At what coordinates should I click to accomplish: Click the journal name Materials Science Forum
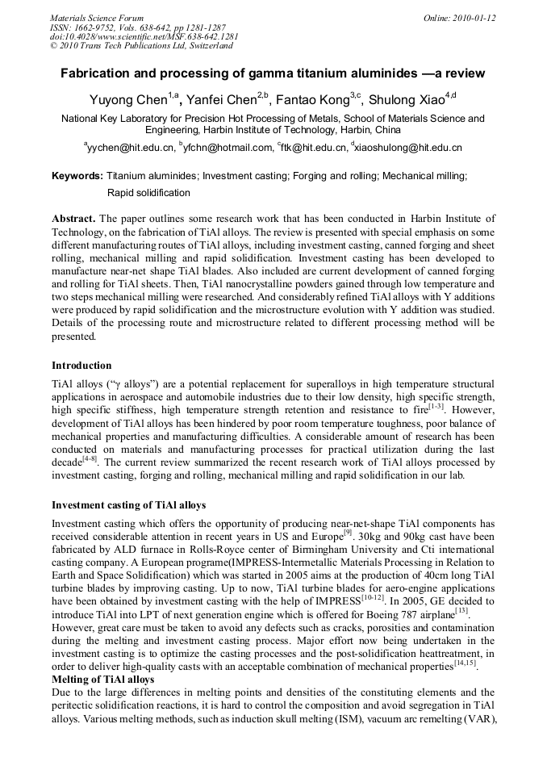point(97,17)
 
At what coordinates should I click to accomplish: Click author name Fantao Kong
point(312,100)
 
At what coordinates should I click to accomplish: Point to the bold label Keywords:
point(77,175)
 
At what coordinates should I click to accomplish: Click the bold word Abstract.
point(75,219)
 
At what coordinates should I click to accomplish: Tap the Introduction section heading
point(82,365)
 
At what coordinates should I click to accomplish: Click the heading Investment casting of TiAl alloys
point(128,504)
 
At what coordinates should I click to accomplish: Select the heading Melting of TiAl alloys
point(102,680)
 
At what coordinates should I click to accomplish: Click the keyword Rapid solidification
point(148,193)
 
